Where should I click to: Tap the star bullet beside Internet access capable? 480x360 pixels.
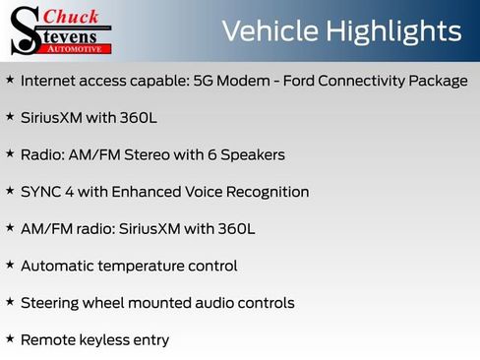(10, 79)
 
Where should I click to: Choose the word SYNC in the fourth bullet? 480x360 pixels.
(40, 192)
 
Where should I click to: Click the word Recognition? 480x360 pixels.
(265, 192)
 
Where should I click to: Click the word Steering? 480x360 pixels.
(51, 303)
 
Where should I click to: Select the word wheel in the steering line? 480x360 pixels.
(108, 303)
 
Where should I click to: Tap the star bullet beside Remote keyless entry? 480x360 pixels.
(10, 338)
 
